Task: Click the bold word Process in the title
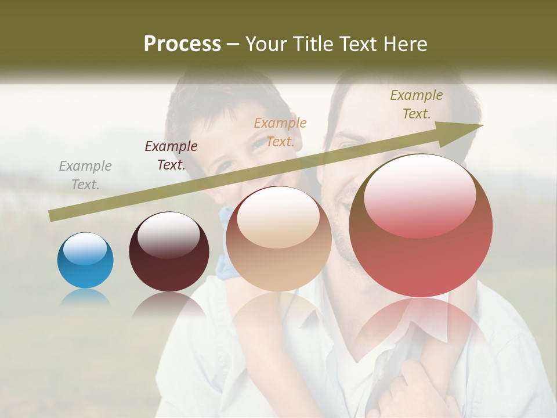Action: (182, 44)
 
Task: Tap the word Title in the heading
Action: (311, 44)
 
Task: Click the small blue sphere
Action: (85, 261)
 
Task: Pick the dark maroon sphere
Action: (169, 255)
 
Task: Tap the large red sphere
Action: (421, 232)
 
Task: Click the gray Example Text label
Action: (85, 175)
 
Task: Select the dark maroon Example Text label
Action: (171, 156)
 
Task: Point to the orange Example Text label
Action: (280, 132)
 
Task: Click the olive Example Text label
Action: (417, 105)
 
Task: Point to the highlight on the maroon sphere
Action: (168, 234)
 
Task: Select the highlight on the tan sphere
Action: (278, 217)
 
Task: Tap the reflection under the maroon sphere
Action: (169, 305)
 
